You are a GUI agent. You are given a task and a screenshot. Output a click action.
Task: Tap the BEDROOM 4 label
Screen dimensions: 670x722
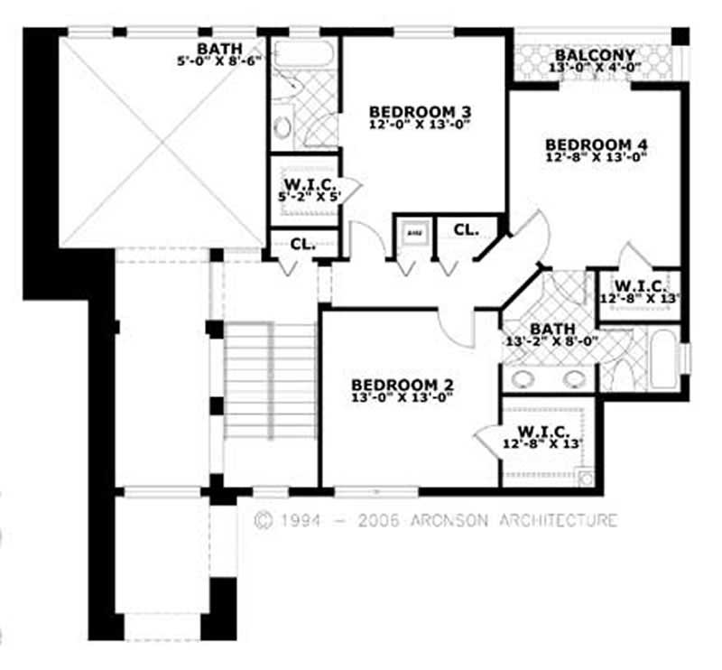597,144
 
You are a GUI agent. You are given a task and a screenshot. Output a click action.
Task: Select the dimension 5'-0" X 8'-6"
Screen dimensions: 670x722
220,62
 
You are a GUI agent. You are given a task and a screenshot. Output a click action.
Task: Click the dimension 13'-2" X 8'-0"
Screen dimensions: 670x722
549,341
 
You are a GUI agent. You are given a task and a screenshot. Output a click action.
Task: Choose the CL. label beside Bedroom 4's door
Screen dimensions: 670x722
466,229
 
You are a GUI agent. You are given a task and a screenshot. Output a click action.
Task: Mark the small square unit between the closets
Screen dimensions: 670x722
414,232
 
